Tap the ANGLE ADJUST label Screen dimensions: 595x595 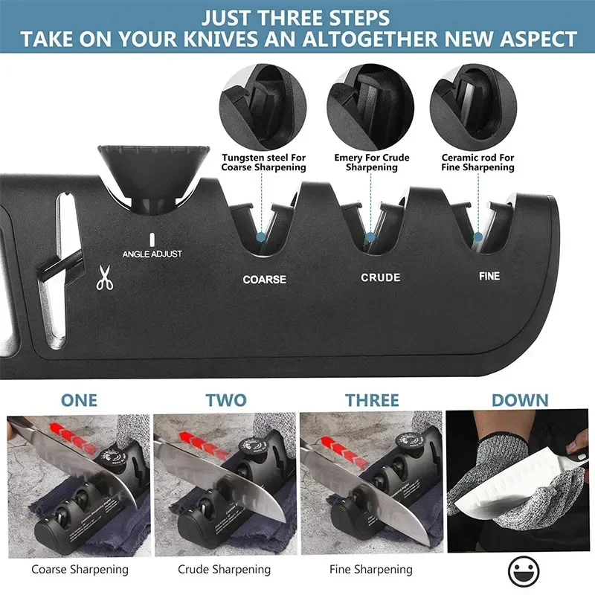click(152, 254)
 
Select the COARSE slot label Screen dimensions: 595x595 click(264, 280)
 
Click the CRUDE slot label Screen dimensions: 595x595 click(381, 277)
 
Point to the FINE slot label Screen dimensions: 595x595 click(489, 277)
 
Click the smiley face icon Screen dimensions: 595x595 click(524, 571)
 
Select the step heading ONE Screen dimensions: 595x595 click(79, 400)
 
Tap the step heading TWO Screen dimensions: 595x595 click(225, 400)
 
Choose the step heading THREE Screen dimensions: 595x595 click(372, 400)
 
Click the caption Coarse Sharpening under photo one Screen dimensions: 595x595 click(79, 570)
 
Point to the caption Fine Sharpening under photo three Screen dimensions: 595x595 click(371, 570)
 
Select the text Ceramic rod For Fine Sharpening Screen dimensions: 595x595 click(477, 162)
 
